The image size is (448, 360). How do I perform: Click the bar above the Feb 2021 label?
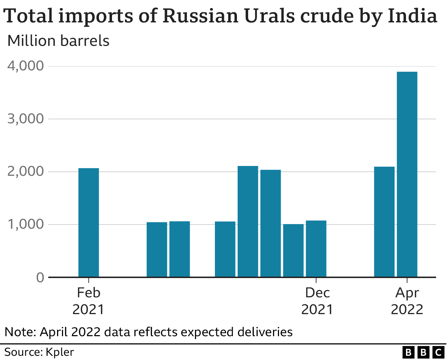pos(89,223)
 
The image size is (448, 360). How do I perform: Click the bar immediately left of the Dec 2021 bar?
pos(293,250)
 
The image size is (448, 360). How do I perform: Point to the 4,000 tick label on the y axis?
pos(26,66)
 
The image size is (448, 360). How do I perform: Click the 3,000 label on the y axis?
pos(26,119)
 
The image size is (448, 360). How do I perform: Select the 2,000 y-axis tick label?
pos(26,172)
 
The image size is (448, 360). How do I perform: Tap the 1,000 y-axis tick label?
pos(26,224)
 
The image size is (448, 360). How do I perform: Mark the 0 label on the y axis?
pos(40,278)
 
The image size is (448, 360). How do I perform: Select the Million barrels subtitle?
pos(58,41)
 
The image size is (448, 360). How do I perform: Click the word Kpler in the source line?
pos(60,352)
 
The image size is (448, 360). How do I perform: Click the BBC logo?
pos(423,352)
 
